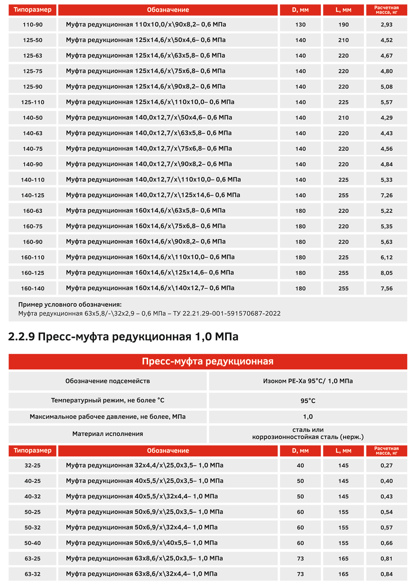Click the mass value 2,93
pos(386,25)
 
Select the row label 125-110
pos(33,102)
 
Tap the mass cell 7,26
pos(386,195)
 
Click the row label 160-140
pos(33,288)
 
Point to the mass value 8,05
pos(386,273)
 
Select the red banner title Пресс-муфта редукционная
pos(208,361)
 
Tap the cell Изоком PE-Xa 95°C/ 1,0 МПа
pos(308,381)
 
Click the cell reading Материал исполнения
pos(107,434)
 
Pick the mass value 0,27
pos(386,465)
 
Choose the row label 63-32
pos(33,574)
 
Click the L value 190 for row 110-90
pos(343,25)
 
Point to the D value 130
pos(300,25)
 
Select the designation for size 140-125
pos(153,195)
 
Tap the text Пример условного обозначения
pos(70,305)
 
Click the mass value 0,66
pos(386,543)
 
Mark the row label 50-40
pos(33,543)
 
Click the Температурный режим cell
pos(107,401)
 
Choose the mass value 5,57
pos(386,102)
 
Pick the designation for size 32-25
pos(145,465)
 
